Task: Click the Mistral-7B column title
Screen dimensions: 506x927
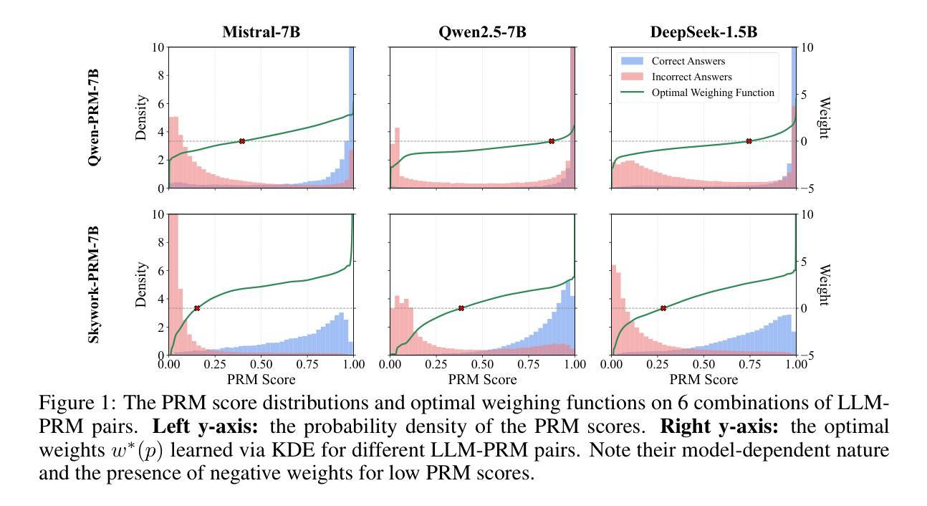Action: [x=261, y=33]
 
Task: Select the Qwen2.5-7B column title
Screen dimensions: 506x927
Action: [x=481, y=33]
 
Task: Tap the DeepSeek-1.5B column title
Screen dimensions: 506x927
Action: [x=703, y=33]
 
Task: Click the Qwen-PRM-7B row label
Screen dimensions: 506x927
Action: [x=94, y=118]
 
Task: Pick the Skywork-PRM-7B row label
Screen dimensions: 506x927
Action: [x=94, y=284]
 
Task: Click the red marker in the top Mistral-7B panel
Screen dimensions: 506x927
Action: [x=242, y=141]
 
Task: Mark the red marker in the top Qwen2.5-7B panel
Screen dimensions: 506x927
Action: [x=552, y=141]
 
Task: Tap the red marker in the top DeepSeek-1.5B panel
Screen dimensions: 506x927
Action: [x=749, y=141]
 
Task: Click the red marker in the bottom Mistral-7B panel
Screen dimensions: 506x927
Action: [x=197, y=308]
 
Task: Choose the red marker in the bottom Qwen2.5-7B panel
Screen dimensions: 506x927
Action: [x=461, y=308]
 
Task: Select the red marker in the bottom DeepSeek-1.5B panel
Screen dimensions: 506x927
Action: [x=663, y=308]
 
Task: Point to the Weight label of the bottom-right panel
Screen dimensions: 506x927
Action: [x=825, y=285]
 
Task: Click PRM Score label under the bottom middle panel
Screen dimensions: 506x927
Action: [x=481, y=378]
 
